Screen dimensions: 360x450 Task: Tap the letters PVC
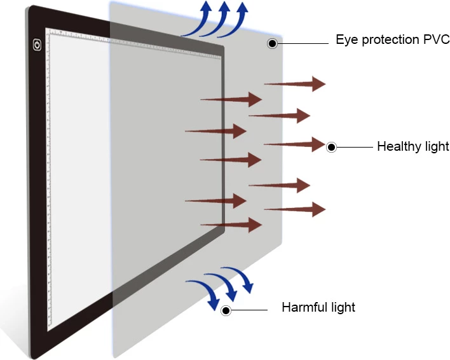437,40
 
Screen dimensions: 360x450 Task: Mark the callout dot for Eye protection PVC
272,43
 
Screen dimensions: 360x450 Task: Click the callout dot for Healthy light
331,148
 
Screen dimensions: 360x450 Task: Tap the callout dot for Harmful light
226,310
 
